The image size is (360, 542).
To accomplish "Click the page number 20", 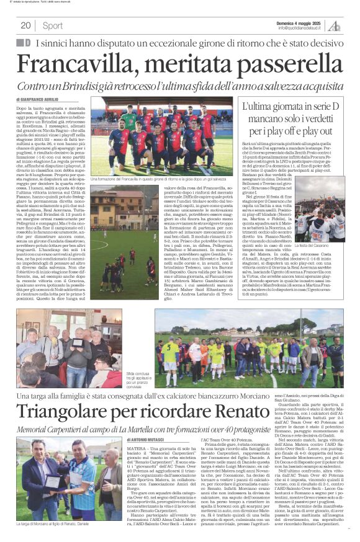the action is click(26, 26).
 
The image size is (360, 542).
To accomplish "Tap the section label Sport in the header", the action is click(53, 26).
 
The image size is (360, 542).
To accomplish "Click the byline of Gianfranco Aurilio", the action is click(42, 99).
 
